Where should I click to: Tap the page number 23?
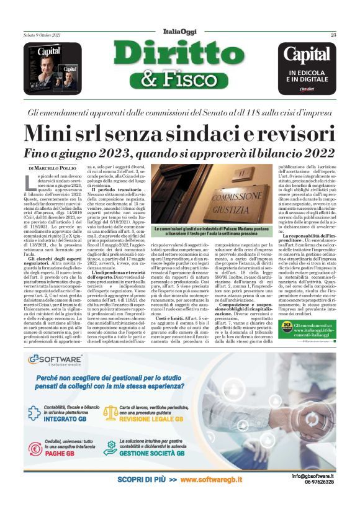pos(333,35)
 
